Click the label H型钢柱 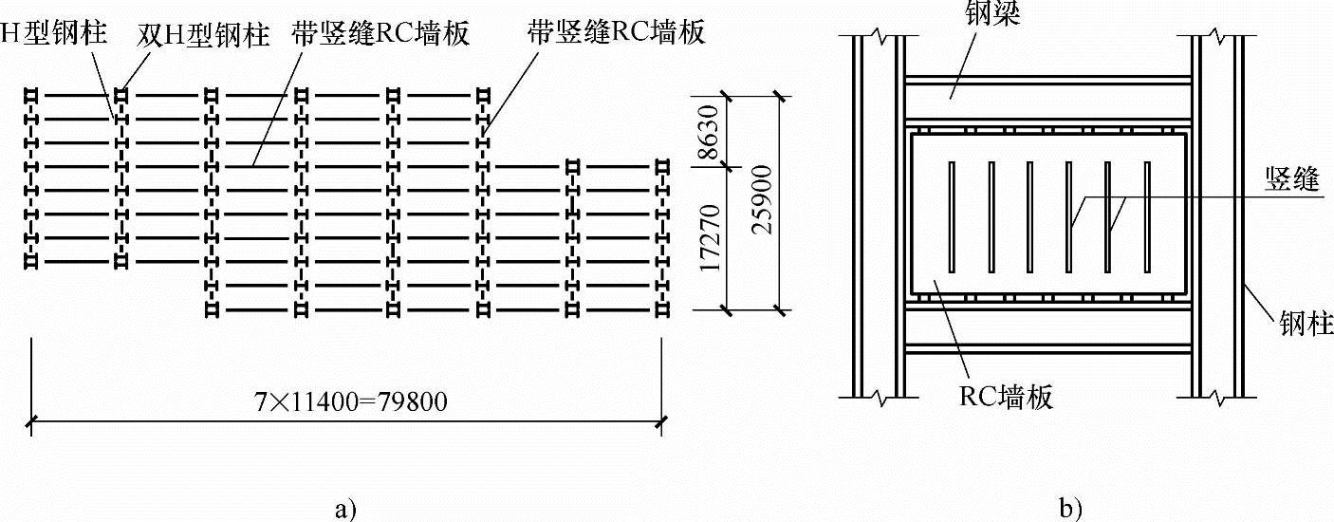(53, 35)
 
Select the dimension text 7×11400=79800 (345, 401)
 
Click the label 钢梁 (994, 16)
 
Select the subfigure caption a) (345, 510)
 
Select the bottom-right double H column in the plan (660, 309)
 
